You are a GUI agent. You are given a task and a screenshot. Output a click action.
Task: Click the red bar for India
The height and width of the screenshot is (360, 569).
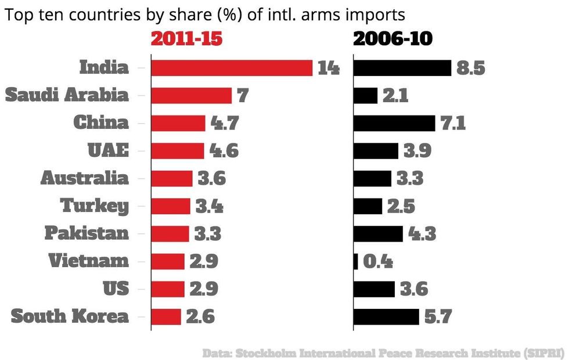pos(232,68)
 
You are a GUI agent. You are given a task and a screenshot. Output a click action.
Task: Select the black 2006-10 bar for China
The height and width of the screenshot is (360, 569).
pos(394,123)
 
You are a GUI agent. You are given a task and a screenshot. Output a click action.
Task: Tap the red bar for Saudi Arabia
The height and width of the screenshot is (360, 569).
pos(191,96)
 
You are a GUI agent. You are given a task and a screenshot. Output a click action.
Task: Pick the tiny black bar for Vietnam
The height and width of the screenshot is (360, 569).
pos(356,262)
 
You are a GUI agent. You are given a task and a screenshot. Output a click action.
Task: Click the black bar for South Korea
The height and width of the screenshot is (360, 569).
pos(386,317)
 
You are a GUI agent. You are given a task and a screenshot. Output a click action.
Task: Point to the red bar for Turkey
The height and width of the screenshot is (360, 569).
pos(171,206)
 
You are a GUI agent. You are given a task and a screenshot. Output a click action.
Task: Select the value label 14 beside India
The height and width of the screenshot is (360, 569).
pos(329,68)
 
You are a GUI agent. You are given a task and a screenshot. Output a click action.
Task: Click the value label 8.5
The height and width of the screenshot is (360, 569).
pos(470,68)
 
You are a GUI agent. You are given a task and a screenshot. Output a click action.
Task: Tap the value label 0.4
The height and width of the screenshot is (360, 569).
pos(378,262)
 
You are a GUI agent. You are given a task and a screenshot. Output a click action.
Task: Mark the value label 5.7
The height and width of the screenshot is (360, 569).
pos(438,317)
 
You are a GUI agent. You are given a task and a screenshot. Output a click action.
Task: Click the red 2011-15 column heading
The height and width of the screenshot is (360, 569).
pos(187,39)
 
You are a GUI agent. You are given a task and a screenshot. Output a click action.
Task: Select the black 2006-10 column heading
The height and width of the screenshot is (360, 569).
pos(392,39)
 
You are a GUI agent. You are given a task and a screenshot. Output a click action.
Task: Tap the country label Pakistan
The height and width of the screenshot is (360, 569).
pos(87,233)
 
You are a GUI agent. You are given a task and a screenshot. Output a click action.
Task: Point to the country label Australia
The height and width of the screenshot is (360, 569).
pos(85,178)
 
